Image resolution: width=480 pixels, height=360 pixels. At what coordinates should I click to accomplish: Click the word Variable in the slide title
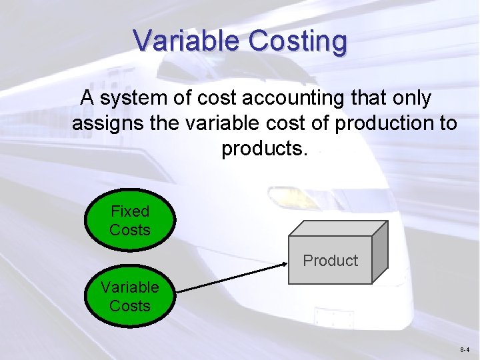click(x=188, y=41)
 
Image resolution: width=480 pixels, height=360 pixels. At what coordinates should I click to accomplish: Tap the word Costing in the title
click(x=298, y=41)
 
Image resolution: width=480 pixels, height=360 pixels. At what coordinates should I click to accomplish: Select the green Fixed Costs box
click(x=130, y=221)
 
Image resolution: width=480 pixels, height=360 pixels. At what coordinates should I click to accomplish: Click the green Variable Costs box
click(x=130, y=297)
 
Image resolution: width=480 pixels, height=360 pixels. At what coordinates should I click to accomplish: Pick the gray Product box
click(x=330, y=260)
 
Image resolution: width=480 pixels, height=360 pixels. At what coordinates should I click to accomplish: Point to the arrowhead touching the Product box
click(x=283, y=267)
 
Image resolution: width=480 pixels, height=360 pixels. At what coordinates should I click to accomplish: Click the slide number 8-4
click(x=465, y=349)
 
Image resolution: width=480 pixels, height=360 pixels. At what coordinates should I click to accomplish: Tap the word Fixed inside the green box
click(x=130, y=211)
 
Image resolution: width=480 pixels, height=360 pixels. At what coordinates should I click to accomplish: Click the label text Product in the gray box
click(x=330, y=261)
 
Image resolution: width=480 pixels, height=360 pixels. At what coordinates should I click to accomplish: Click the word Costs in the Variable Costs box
click(x=130, y=306)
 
